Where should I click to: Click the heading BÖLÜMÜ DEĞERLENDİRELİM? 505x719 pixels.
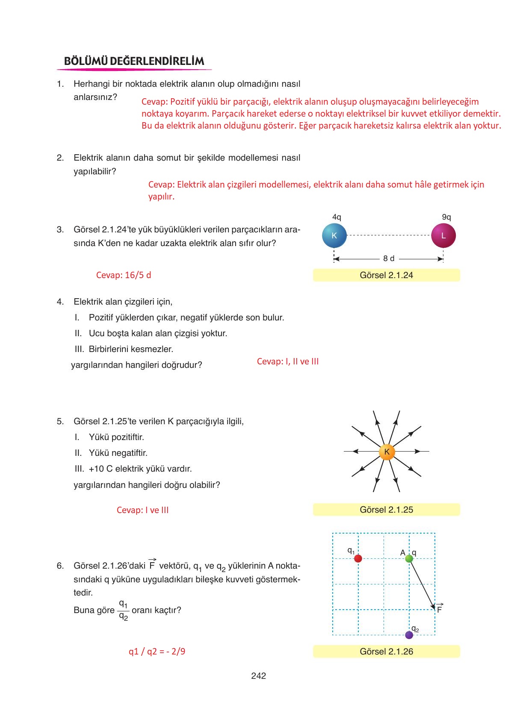(134, 61)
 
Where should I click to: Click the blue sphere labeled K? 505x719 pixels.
(334, 235)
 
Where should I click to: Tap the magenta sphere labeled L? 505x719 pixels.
(443, 235)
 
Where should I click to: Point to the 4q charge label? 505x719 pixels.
(337, 217)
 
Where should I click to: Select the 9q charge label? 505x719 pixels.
(446, 217)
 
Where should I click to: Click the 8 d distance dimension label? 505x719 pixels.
(389, 258)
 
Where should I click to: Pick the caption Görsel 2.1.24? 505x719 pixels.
(386, 275)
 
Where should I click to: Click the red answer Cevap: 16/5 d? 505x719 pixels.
(124, 275)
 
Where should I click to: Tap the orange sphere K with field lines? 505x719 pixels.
(387, 452)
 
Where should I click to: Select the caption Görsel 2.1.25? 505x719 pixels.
(386, 510)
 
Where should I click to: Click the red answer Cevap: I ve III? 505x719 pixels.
(142, 510)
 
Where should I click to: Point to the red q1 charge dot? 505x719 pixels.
(358, 558)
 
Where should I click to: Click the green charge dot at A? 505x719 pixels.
(409, 558)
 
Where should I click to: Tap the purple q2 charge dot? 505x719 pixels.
(409, 635)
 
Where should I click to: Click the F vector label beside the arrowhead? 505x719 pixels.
(439, 609)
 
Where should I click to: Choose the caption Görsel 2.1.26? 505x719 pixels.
(386, 652)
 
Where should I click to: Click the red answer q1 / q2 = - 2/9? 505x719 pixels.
(157, 652)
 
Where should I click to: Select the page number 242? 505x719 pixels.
(259, 676)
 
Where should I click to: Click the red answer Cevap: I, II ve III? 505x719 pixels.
(288, 361)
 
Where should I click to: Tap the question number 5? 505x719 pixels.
(60, 421)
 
